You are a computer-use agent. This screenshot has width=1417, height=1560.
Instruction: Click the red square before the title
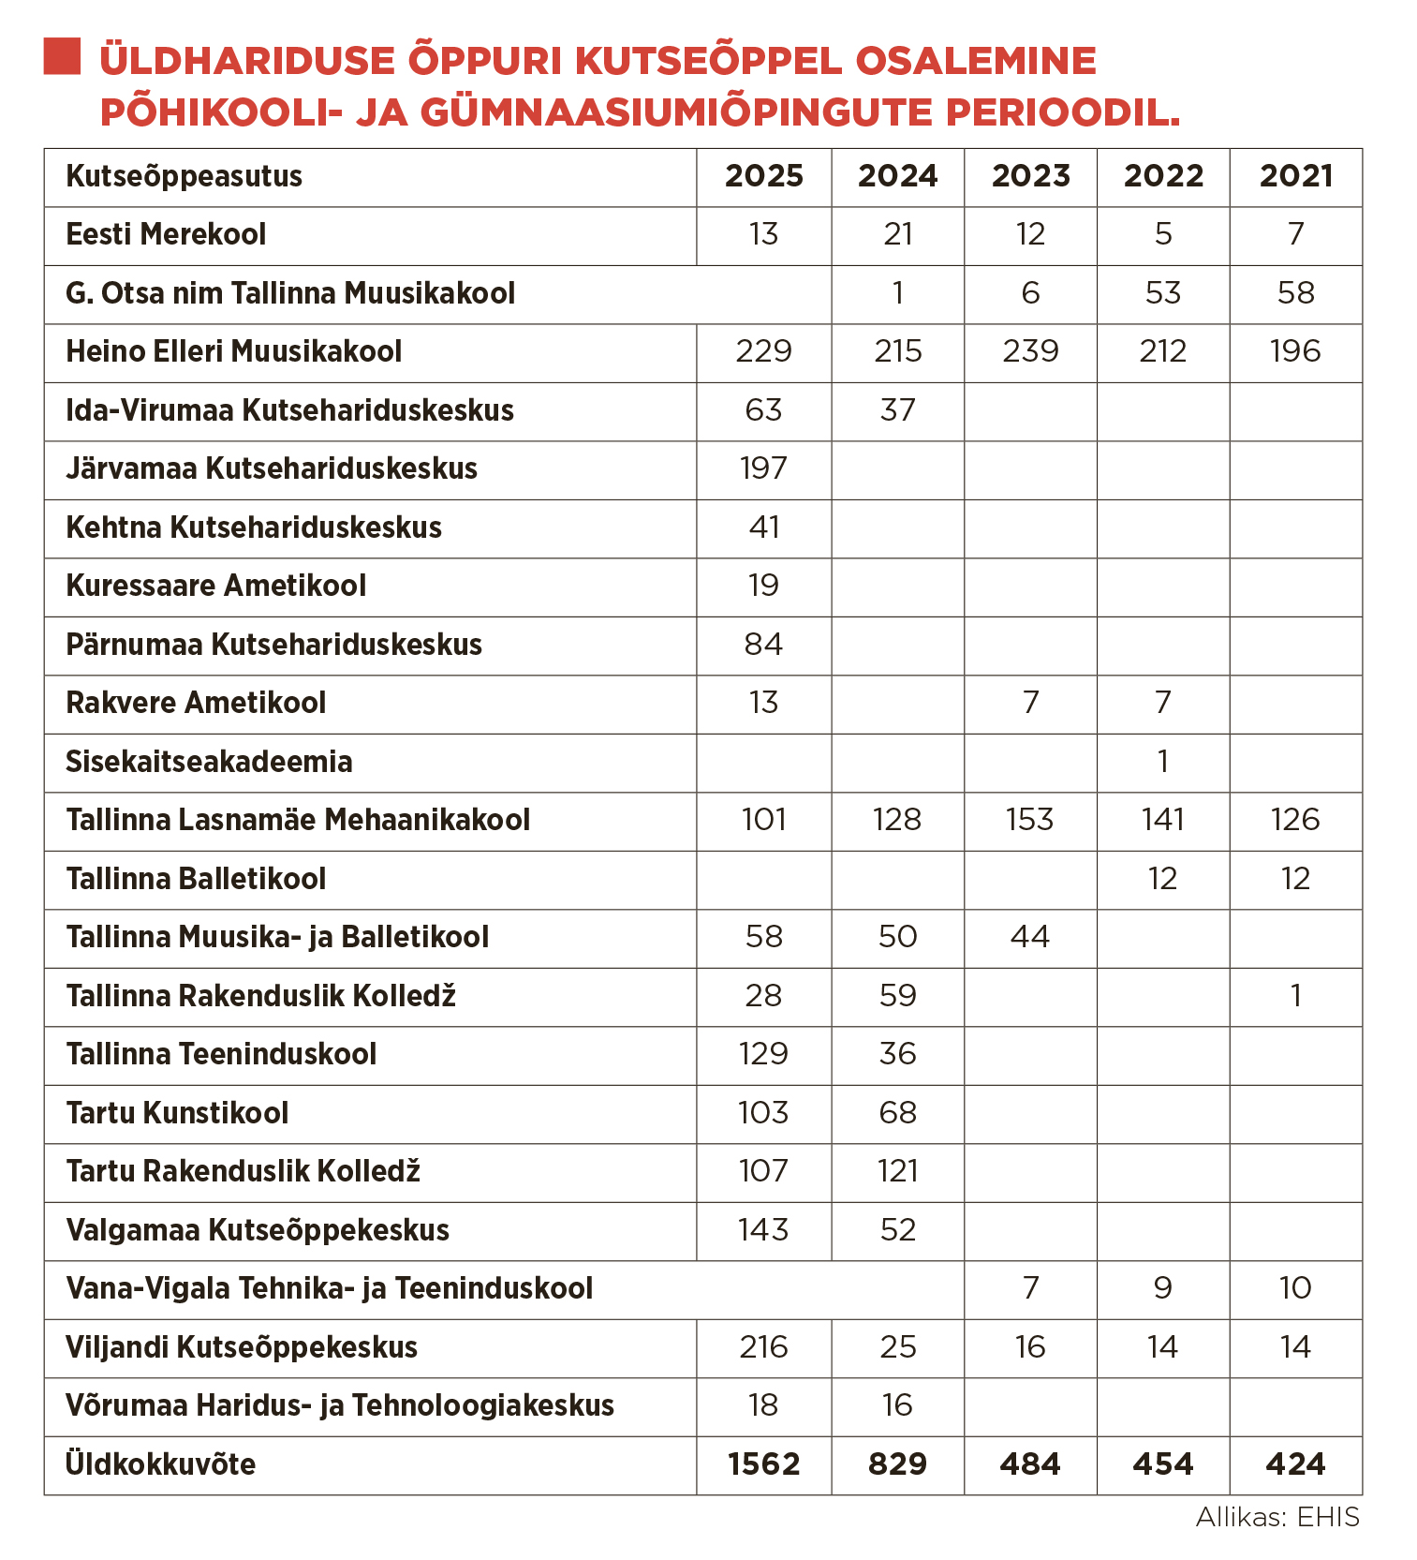point(62,56)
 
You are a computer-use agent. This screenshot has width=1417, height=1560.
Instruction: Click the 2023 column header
point(1030,176)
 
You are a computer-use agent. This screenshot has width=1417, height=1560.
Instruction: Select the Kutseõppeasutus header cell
point(185,176)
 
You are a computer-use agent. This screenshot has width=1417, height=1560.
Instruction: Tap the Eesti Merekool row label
point(166,234)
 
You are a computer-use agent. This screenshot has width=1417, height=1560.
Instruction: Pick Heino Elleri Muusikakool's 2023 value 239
point(1030,351)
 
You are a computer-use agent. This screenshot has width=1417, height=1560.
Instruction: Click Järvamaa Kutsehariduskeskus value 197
point(763,468)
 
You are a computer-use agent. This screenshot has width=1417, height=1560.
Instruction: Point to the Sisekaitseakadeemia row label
point(209,762)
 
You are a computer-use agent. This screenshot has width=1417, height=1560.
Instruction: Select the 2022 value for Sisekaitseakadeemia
point(1163,762)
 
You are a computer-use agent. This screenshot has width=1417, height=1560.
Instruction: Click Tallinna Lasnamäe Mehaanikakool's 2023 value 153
point(1030,820)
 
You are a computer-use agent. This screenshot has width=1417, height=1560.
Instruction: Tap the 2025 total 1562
point(763,1464)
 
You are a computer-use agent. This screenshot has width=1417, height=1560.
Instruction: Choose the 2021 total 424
point(1295,1464)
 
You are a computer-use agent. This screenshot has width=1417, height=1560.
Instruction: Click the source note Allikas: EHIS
point(1277,1517)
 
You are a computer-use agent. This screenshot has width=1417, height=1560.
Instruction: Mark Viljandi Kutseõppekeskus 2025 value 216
point(763,1347)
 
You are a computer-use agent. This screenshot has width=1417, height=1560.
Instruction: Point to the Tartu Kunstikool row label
point(177,1113)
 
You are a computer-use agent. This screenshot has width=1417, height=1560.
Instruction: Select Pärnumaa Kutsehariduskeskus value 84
point(763,645)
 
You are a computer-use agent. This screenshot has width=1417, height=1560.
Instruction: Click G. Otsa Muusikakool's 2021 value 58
point(1295,293)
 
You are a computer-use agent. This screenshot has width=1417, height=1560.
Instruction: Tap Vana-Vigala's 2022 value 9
point(1163,1288)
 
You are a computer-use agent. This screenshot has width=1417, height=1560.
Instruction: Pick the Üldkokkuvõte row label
point(160,1464)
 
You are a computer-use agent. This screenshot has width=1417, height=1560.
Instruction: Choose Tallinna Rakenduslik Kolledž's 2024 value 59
point(897,996)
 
